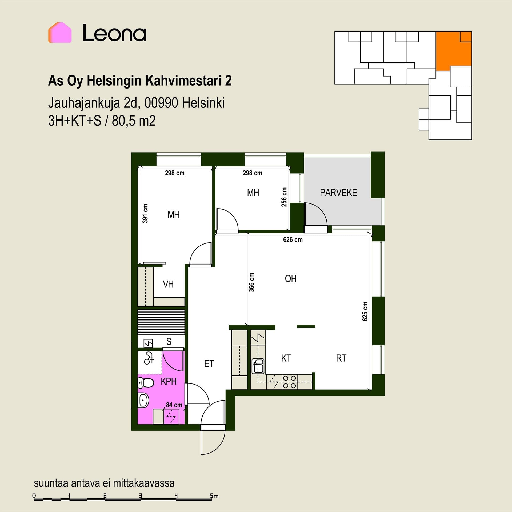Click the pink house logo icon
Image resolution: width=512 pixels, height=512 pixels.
pyautogui.click(x=60, y=33)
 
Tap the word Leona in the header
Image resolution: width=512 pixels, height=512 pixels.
pyautogui.click(x=114, y=33)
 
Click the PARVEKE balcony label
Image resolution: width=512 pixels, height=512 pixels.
pyautogui.click(x=338, y=193)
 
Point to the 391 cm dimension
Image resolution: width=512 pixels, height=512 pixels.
pyautogui.click(x=145, y=213)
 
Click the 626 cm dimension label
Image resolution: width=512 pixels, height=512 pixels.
pyautogui.click(x=293, y=240)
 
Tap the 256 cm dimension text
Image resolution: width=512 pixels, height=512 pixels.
pyautogui.click(x=284, y=197)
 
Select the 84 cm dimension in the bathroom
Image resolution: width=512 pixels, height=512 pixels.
pyautogui.click(x=174, y=405)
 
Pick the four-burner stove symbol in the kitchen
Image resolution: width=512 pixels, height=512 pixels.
pyautogui.click(x=289, y=382)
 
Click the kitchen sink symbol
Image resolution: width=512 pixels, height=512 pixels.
pyautogui.click(x=258, y=366)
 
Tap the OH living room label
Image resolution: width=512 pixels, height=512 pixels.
pyautogui.click(x=291, y=279)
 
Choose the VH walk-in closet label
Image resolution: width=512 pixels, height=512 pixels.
pyautogui.click(x=168, y=284)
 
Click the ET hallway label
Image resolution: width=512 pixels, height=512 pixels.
pyautogui.click(x=209, y=363)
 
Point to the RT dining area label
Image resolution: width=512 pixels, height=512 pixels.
pyautogui.click(x=341, y=358)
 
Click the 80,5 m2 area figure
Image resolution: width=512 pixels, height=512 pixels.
pyautogui.click(x=134, y=121)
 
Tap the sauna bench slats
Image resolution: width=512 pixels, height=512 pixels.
pyautogui.click(x=161, y=322)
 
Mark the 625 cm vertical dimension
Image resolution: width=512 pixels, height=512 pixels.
pyautogui.click(x=365, y=311)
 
